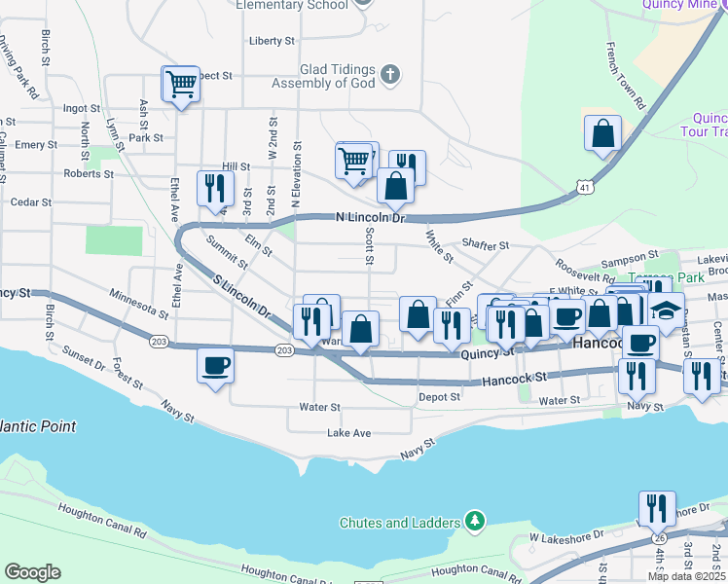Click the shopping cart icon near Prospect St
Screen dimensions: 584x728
pyautogui.click(x=181, y=85)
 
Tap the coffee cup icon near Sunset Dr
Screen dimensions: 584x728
pyautogui.click(x=215, y=366)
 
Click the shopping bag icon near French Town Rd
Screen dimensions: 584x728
pyautogui.click(x=603, y=133)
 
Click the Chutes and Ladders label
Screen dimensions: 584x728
pyautogui.click(x=399, y=523)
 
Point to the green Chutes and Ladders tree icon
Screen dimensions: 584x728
pyautogui.click(x=474, y=521)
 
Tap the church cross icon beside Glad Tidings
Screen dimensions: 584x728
pyautogui.click(x=389, y=75)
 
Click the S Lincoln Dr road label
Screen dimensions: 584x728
pyautogui.click(x=240, y=296)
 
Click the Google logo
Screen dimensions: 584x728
pyautogui.click(x=33, y=572)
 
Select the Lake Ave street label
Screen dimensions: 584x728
pyautogui.click(x=348, y=432)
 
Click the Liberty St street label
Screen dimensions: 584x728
pyautogui.click(x=272, y=41)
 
